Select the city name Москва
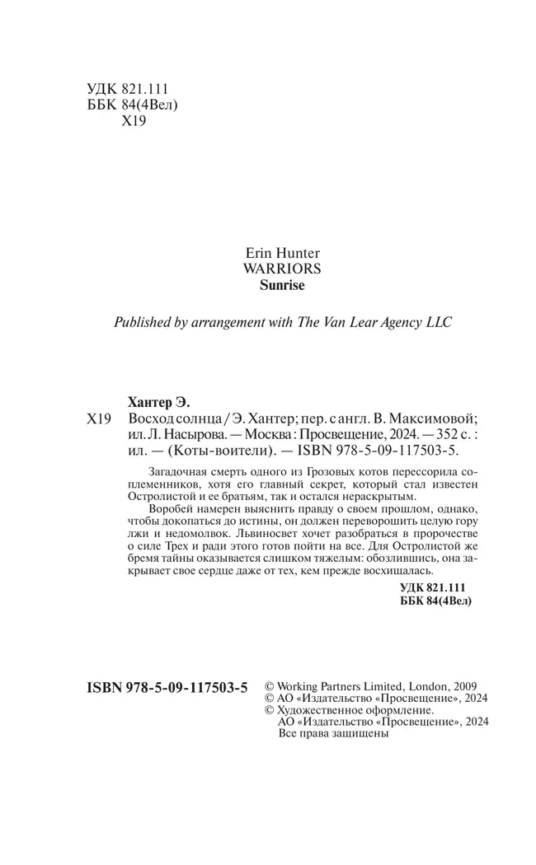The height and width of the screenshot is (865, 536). [x=247, y=436]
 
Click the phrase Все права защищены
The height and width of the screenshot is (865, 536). [x=333, y=732]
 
